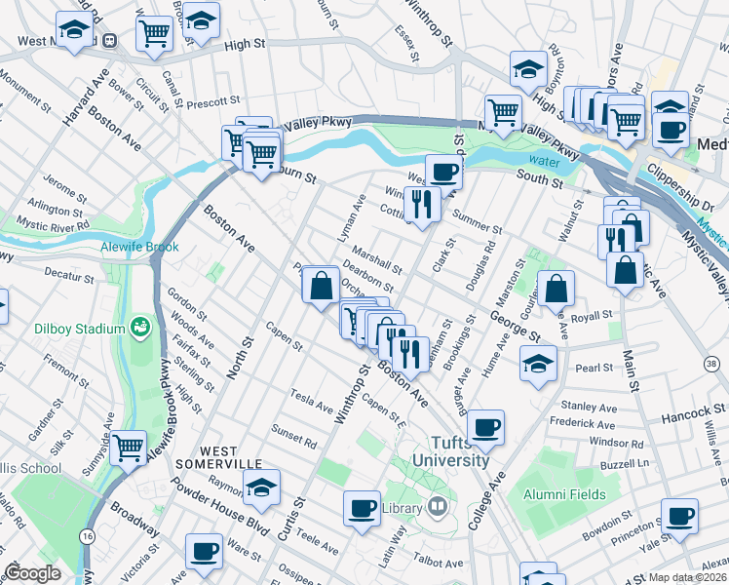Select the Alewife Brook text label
[x=139, y=248]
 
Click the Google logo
[x=33, y=573]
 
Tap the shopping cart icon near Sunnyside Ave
[x=128, y=448]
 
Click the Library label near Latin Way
[x=402, y=507]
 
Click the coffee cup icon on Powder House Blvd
[x=205, y=551]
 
